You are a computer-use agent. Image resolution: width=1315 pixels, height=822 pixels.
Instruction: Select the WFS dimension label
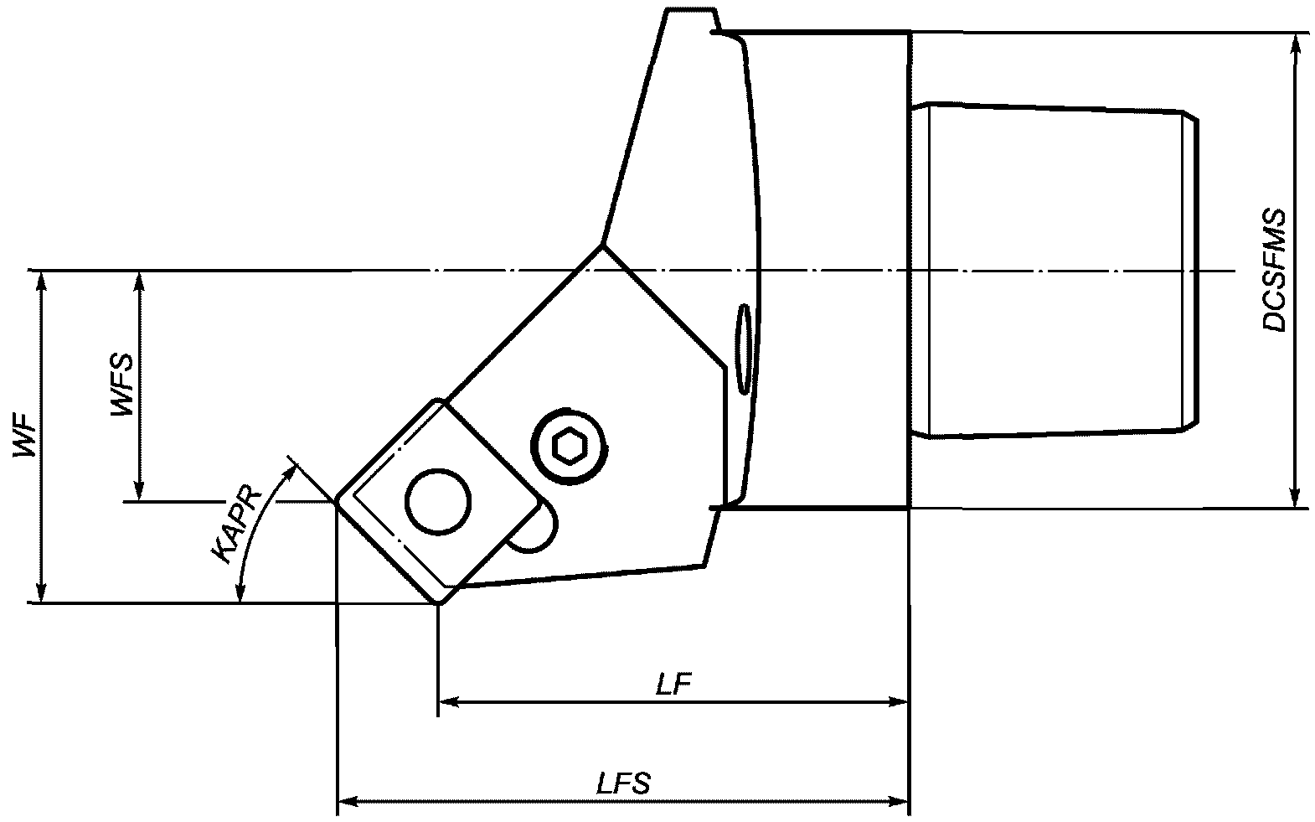[x=122, y=385]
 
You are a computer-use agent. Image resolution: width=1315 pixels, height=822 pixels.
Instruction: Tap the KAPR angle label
[x=236, y=525]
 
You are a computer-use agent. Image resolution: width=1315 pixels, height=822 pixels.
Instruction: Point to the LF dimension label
[x=673, y=684]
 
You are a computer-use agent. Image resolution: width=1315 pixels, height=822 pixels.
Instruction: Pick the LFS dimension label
[x=623, y=783]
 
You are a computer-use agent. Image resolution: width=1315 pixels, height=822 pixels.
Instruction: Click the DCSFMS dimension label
[x=1275, y=271]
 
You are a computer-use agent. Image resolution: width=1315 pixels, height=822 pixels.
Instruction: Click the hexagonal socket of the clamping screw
[x=570, y=447]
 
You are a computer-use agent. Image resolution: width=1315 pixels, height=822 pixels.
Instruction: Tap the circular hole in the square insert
[x=438, y=502]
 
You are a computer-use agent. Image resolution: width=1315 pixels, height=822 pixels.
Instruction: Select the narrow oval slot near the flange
[x=744, y=349]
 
